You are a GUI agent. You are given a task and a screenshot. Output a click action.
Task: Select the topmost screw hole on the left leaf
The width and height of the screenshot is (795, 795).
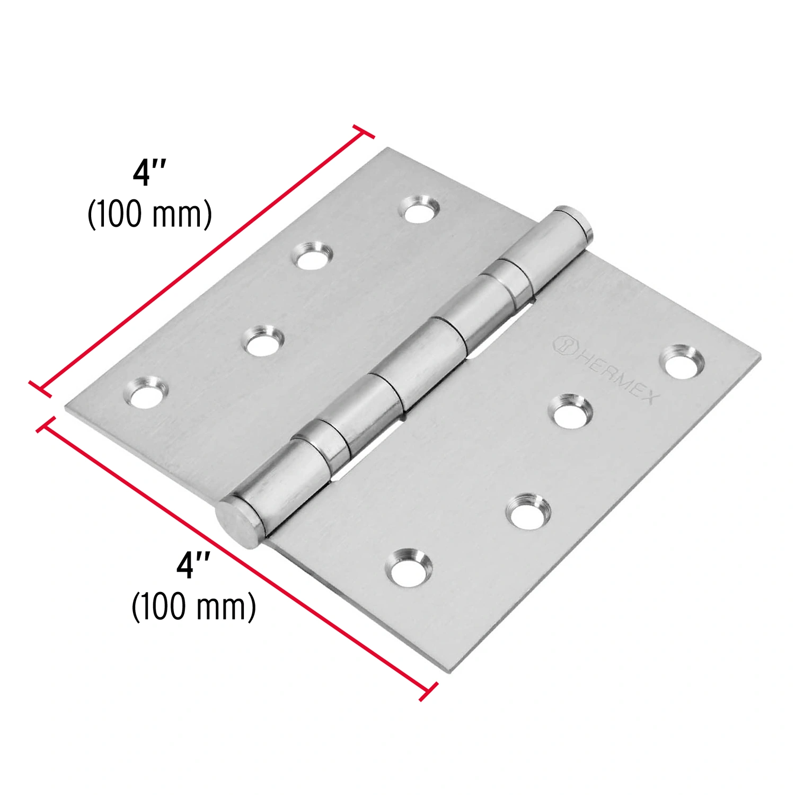click(422, 209)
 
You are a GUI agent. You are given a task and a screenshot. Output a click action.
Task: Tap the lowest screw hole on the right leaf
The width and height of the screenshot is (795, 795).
click(409, 564)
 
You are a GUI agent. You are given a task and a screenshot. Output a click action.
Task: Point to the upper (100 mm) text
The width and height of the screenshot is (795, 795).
click(149, 214)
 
